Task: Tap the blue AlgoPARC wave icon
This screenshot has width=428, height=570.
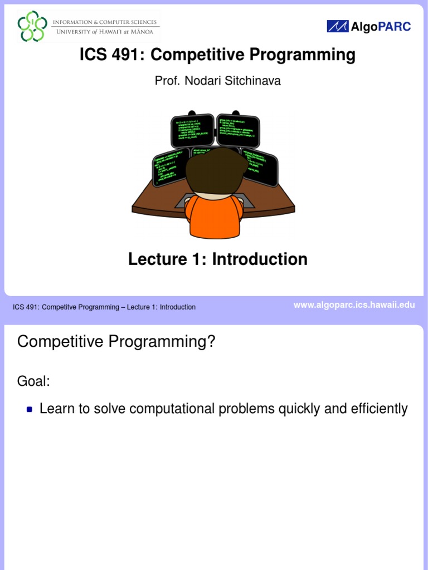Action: click(x=337, y=26)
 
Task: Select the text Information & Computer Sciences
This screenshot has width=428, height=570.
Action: click(x=105, y=22)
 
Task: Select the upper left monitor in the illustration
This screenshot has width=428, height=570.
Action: click(x=192, y=130)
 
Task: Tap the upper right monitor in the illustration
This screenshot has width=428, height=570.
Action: click(x=238, y=130)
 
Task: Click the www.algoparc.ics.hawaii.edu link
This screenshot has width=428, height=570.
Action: click(x=354, y=305)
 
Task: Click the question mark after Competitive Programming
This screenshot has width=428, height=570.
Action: click(x=211, y=342)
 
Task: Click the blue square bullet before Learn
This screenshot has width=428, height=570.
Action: click(x=30, y=410)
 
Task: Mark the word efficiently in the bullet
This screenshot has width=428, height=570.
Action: click(x=378, y=409)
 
